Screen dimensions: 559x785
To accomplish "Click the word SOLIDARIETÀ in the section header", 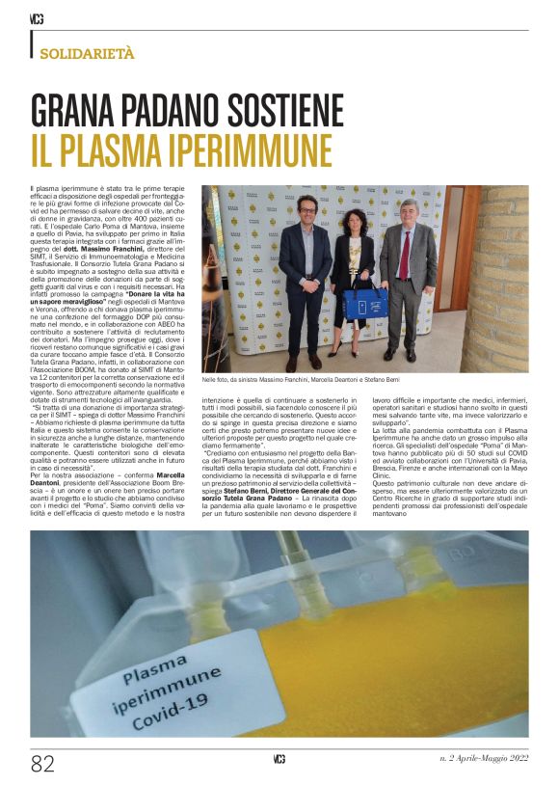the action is [87, 54].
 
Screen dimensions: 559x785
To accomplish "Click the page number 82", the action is [43, 764].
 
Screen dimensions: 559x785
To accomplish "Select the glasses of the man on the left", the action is [306, 207].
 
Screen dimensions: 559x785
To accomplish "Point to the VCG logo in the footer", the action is [279, 760].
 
